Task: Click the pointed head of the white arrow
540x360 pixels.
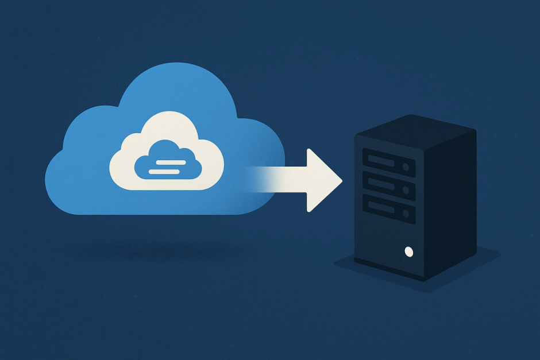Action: coord(325,180)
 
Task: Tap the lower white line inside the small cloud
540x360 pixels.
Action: coord(167,171)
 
